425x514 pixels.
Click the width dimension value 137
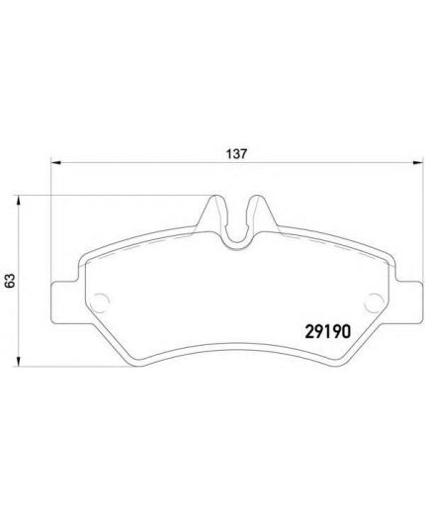tap(236, 153)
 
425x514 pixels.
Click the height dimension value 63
tap(11, 281)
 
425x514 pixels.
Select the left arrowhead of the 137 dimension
tap(56, 162)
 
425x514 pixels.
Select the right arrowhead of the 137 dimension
tap(418, 162)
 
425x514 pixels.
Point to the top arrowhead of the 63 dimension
tap(19, 201)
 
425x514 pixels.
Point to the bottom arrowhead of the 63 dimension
tap(19, 361)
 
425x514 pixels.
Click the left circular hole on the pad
tap(100, 302)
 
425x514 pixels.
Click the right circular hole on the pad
tap(375, 302)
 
